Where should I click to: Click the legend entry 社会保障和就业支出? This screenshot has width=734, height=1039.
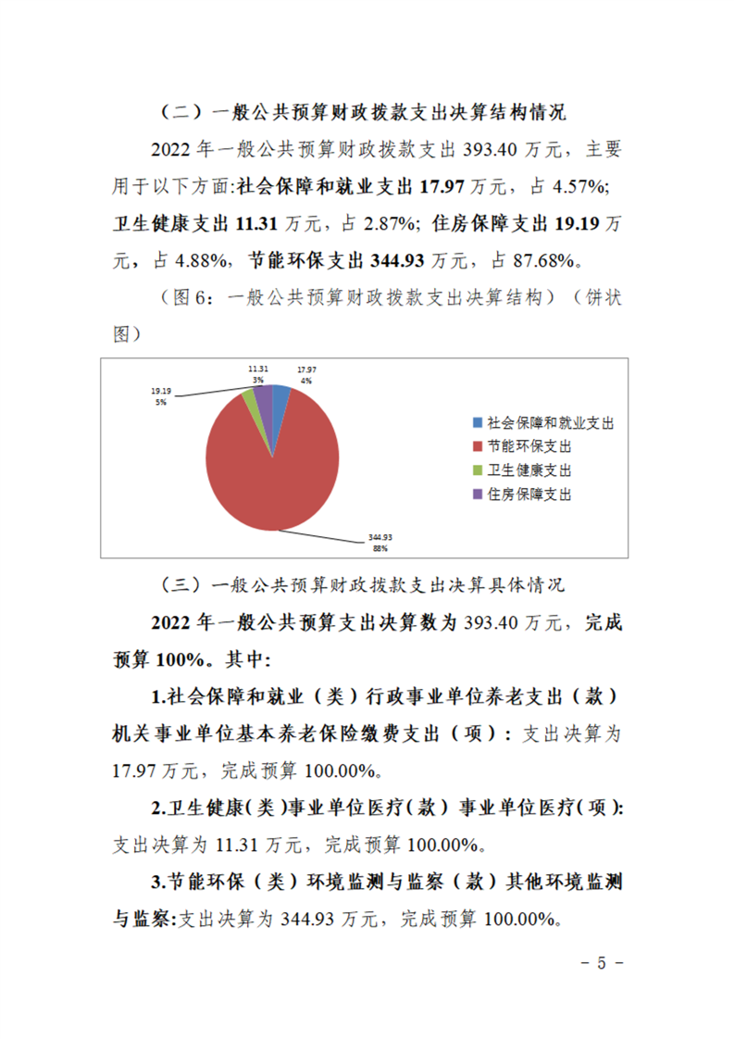541,422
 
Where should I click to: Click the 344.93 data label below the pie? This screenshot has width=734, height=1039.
379,536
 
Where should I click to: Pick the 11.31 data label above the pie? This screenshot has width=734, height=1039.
258,369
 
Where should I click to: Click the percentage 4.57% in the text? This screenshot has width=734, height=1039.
578,187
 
